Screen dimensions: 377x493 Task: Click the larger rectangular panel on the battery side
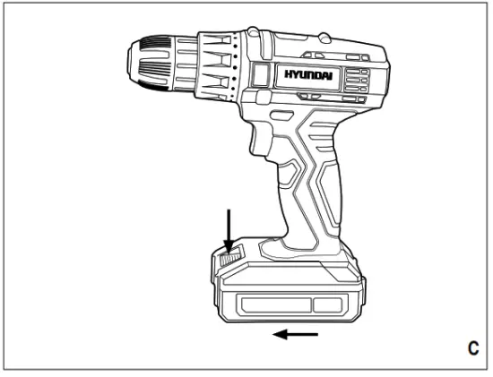[x=268, y=304]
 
